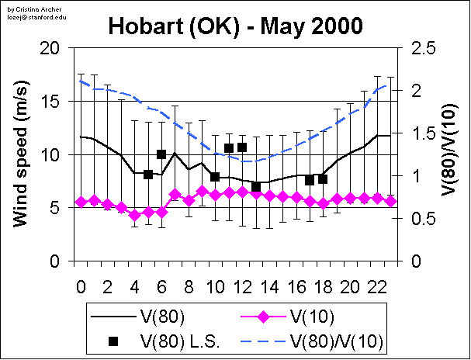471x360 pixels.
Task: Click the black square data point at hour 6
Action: [161, 154]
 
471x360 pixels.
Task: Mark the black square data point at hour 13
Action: [256, 187]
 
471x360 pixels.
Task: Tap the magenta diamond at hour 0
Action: [81, 202]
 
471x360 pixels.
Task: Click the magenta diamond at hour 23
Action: [391, 201]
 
